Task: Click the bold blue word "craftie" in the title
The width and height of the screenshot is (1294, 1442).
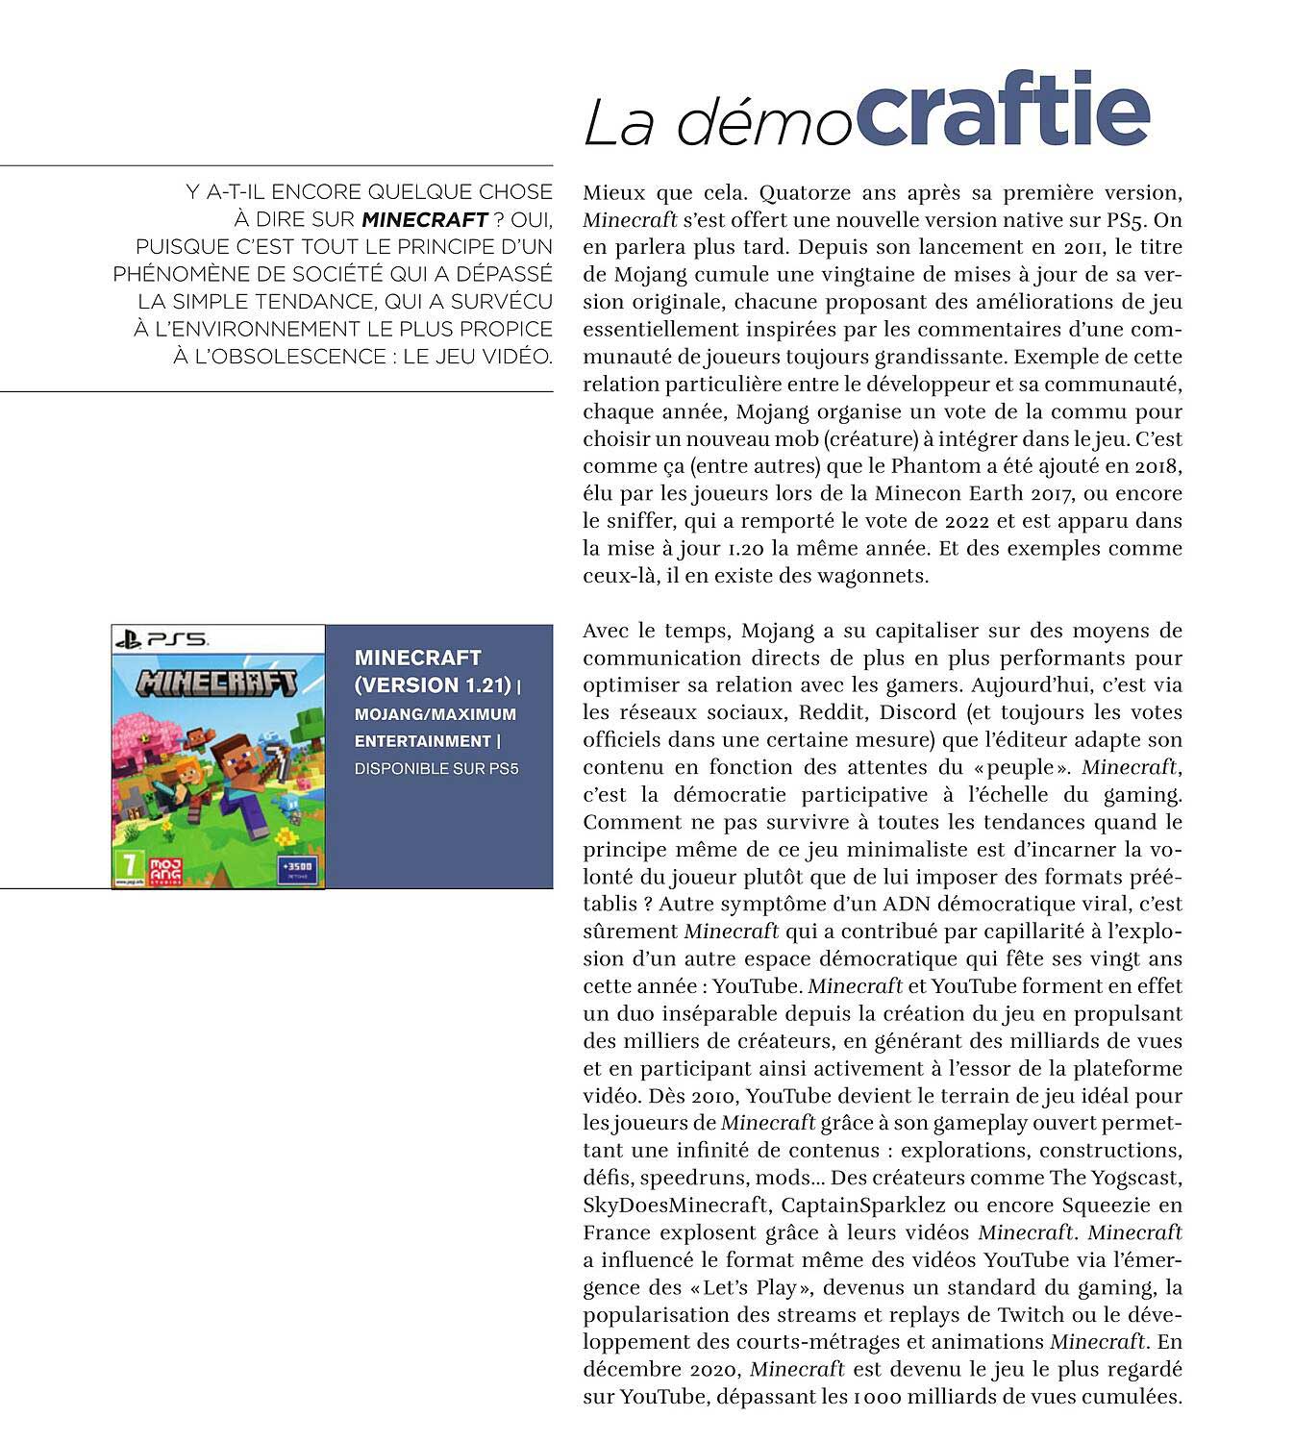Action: click(x=1002, y=111)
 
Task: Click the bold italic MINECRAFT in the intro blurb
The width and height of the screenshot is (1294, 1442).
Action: click(x=424, y=219)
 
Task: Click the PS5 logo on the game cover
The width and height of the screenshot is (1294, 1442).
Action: click(x=161, y=638)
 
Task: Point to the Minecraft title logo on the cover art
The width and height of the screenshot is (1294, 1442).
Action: click(x=217, y=682)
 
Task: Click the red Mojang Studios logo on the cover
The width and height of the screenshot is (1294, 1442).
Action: click(x=165, y=869)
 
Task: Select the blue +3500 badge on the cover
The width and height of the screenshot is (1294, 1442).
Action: click(x=295, y=868)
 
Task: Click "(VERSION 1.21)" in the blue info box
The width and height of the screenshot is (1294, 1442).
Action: click(x=433, y=685)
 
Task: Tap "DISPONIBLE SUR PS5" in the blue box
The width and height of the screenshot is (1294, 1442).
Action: click(x=436, y=769)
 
